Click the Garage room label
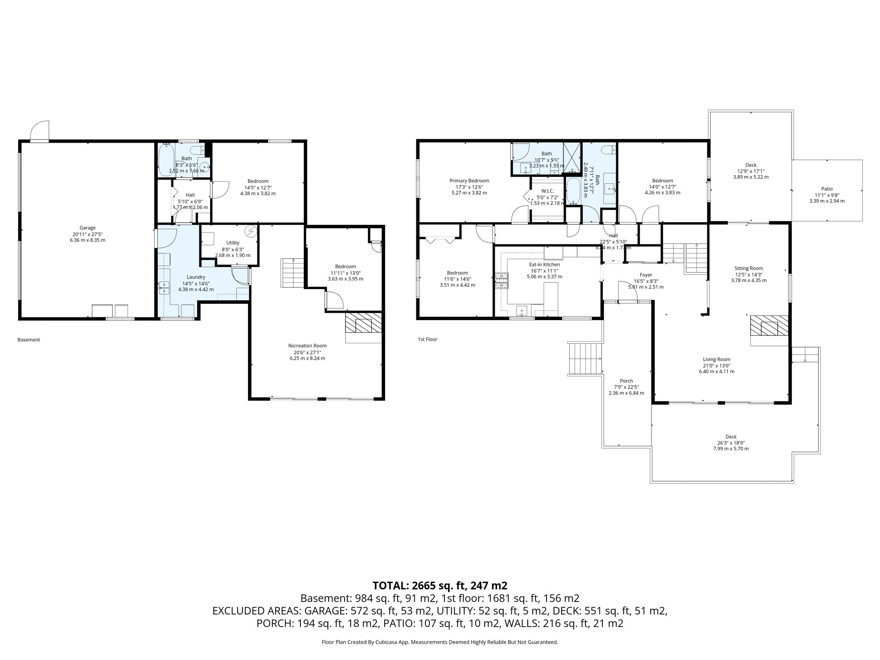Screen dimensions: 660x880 (87, 228)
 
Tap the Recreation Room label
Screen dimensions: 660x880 (307, 345)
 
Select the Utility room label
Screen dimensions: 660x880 (232, 243)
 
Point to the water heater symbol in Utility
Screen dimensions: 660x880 (251, 231)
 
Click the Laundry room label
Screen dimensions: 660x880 (196, 277)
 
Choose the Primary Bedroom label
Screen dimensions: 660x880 (469, 180)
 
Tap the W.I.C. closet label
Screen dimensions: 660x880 (547, 191)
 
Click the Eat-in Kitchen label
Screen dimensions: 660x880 (544, 264)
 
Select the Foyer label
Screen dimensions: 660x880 (646, 275)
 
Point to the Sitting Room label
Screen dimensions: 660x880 (749, 268)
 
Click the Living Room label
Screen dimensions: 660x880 (716, 359)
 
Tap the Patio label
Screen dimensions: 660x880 (827, 189)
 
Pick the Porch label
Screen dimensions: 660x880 (626, 381)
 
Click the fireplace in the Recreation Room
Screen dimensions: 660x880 (364, 323)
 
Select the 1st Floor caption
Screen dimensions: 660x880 (427, 339)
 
